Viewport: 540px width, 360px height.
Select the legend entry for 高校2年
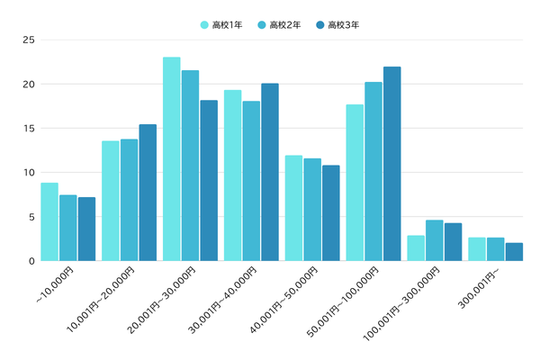coord(279,24)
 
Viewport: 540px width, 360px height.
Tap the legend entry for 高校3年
coord(337,24)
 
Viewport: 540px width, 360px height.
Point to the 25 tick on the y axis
coord(29,40)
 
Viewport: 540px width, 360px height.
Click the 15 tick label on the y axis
coord(29,128)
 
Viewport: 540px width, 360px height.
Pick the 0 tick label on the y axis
coord(31,261)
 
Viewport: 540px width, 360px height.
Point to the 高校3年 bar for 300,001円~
coord(514,252)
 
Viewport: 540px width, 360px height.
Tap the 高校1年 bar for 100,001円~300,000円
coord(416,248)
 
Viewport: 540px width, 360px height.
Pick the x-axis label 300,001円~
coord(481,283)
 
